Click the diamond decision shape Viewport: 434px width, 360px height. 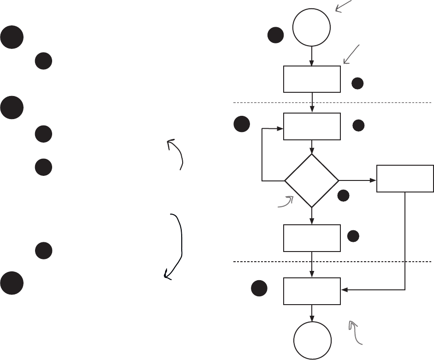pos(312,180)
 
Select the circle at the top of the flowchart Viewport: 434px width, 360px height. pos(312,27)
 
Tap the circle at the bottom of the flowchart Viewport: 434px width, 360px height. pos(312,340)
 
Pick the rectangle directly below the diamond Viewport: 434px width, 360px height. pos(312,238)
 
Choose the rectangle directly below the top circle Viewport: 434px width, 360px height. pos(312,79)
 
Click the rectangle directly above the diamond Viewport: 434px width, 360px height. pos(312,126)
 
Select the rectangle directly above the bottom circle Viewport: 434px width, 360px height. pos(312,291)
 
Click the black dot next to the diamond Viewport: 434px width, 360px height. pos(343,196)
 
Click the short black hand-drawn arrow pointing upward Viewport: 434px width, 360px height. pos(177,154)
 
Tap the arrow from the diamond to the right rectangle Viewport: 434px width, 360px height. pos(357,180)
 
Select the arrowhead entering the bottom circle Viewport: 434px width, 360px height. pos(312,319)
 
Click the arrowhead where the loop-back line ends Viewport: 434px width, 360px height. pos(280,128)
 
